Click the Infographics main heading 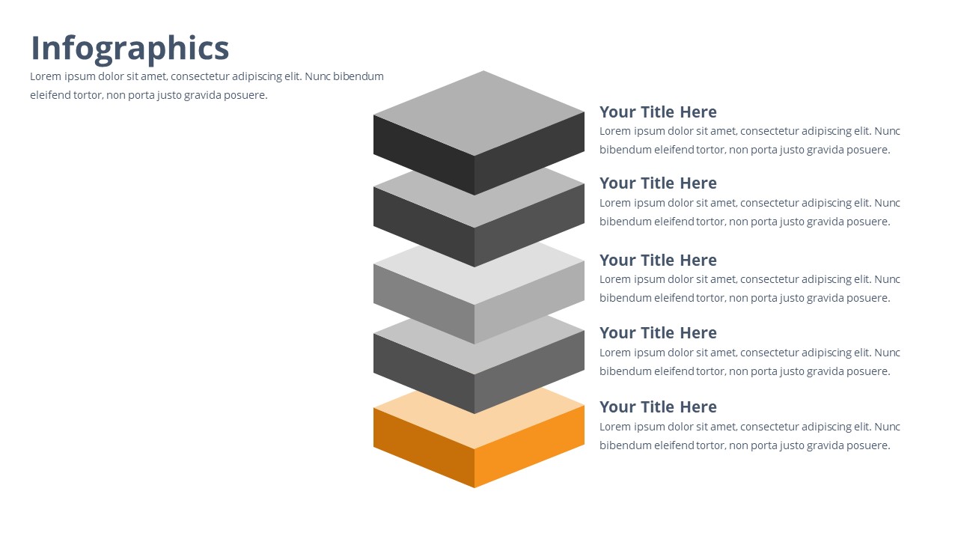(130, 49)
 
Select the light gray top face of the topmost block (479, 113)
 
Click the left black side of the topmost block (424, 155)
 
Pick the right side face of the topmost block (529, 153)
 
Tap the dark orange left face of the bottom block (424, 448)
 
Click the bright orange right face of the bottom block (529, 446)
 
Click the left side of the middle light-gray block (424, 304)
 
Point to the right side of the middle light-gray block (529, 302)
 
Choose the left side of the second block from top (424, 227)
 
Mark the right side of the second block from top (529, 225)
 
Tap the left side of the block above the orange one (424, 374)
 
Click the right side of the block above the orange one (529, 372)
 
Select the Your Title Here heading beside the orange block (658, 406)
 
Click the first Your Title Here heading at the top (658, 112)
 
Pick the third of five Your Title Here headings (658, 260)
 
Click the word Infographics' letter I (35, 48)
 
